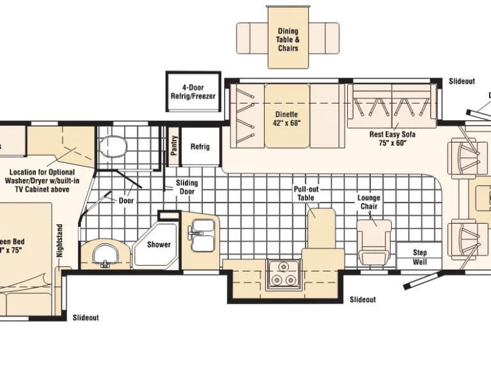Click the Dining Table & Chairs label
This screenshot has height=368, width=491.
coord(288,40)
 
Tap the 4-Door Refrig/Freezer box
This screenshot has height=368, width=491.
coord(193,92)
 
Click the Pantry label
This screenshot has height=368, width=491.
coord(173,146)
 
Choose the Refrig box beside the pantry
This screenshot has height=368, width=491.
coord(200,146)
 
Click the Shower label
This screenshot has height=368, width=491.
coord(159,245)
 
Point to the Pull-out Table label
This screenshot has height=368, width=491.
coord(305,194)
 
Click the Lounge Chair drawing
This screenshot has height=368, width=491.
coord(375,240)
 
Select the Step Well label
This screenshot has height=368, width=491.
coord(419,257)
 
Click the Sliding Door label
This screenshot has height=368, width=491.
coord(187,187)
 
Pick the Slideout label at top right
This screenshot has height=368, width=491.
coord(462,81)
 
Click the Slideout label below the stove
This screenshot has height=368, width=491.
coord(362,300)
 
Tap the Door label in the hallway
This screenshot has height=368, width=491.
coord(126,200)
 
